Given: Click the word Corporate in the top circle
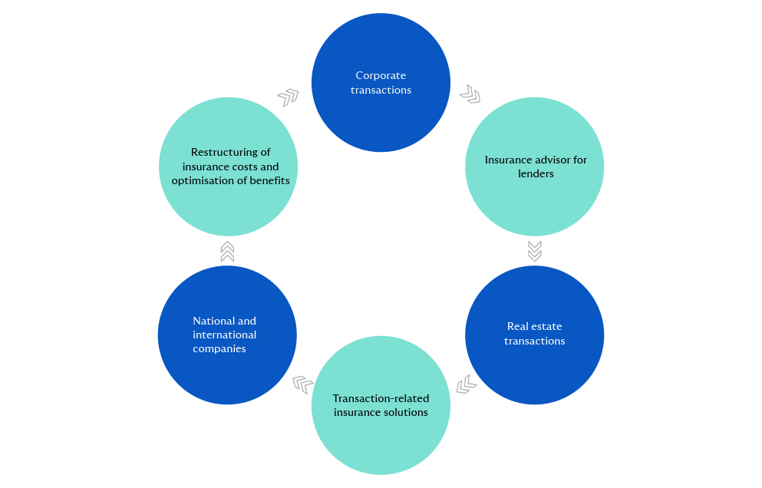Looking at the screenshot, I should pyautogui.click(x=381, y=75).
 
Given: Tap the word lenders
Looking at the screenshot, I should pyautogui.click(x=535, y=174).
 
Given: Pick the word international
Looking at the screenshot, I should pyautogui.click(x=224, y=335).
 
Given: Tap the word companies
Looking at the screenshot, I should pyautogui.click(x=219, y=349).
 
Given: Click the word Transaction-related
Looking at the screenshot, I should pyautogui.click(x=381, y=398).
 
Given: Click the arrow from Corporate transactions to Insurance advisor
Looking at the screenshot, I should pyautogui.click(x=470, y=94).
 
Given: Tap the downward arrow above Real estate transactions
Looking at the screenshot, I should pyautogui.click(x=535, y=251).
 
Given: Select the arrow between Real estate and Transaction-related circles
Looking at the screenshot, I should pyautogui.click(x=467, y=384).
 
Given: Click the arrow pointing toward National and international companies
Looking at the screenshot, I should pyautogui.click(x=302, y=384).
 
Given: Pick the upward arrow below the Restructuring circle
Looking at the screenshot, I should pyautogui.click(x=227, y=251).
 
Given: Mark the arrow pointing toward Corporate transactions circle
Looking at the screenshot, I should pyautogui.click(x=288, y=97).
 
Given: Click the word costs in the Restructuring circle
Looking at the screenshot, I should pyautogui.click(x=239, y=167).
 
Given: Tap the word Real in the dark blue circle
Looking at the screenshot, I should pyautogui.click(x=518, y=326).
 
